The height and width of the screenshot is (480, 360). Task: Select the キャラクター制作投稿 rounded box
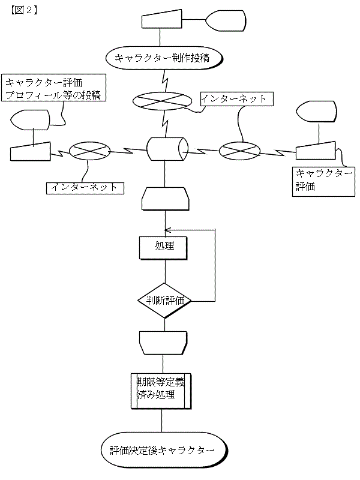click(164, 58)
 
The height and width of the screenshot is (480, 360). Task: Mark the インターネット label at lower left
click(85, 188)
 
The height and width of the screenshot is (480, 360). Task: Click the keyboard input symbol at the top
click(163, 19)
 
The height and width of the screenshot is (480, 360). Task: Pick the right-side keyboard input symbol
click(316, 151)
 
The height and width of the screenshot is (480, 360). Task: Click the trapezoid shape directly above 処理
click(165, 199)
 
